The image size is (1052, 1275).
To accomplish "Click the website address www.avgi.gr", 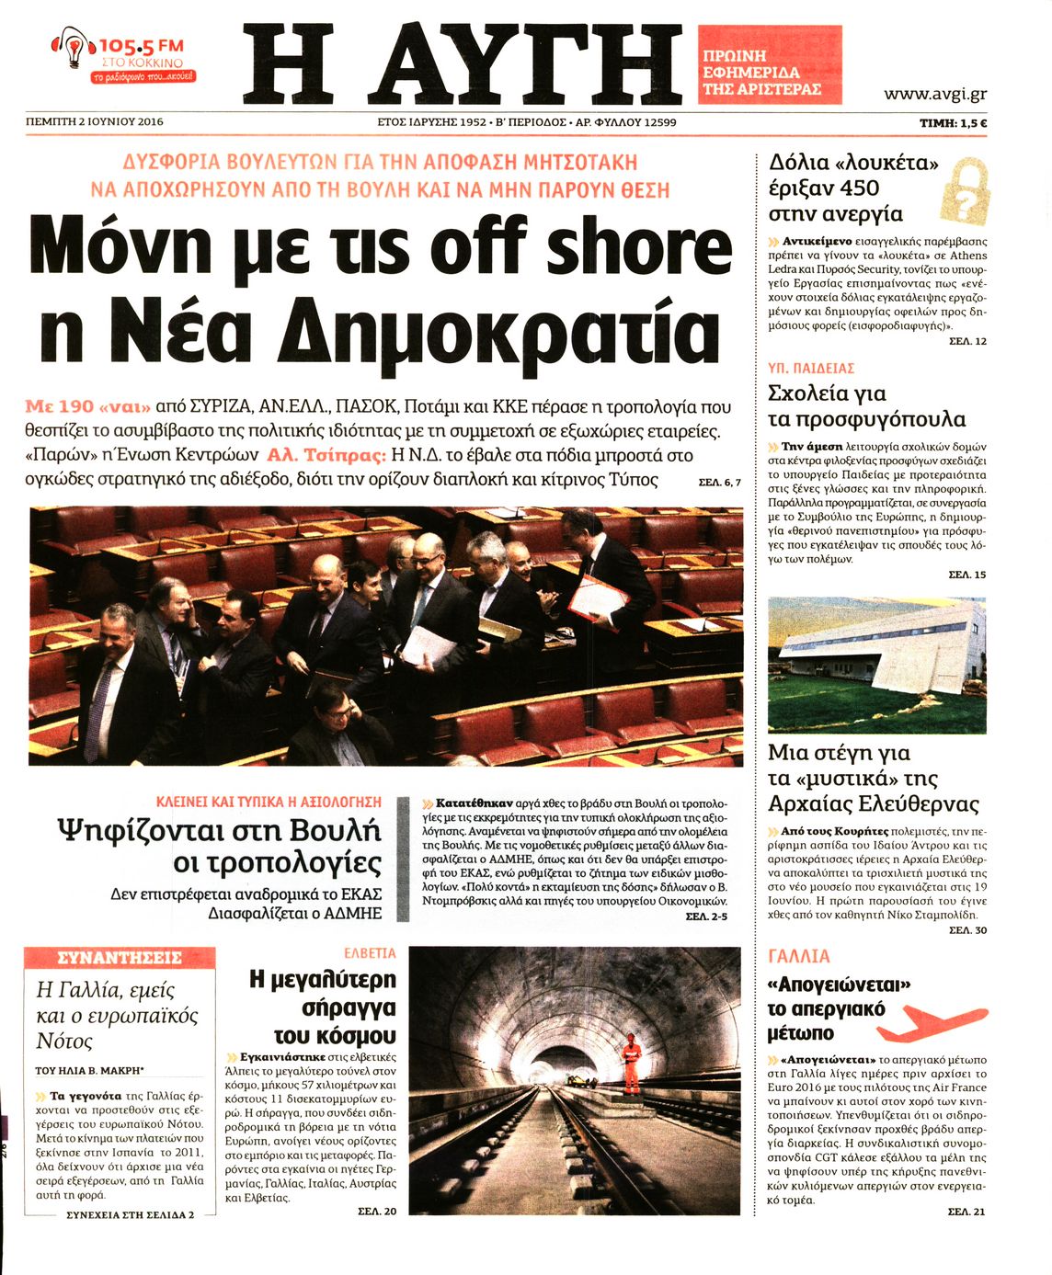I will click(934, 94).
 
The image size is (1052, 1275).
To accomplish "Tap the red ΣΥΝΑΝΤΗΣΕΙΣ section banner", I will click(120, 958).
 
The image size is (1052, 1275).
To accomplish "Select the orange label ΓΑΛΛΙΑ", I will click(799, 956).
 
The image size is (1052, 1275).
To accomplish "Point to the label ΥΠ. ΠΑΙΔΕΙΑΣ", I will click(811, 369).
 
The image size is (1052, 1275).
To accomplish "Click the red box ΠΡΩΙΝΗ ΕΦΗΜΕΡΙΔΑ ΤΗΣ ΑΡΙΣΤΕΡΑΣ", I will click(770, 73).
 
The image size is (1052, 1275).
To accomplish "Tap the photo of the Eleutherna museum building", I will click(876, 663).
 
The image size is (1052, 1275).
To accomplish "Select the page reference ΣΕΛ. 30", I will click(967, 930).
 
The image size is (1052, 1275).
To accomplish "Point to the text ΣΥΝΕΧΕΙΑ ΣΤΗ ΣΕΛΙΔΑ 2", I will click(131, 1214).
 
